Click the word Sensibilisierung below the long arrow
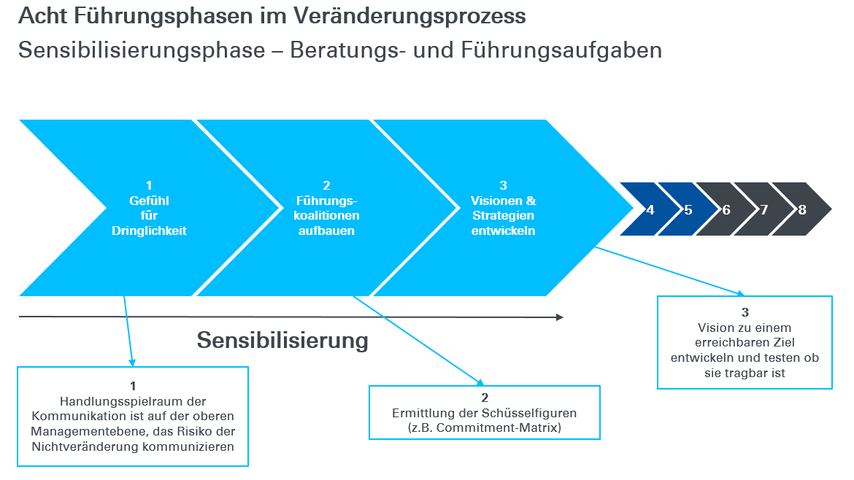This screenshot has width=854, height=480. click(x=282, y=340)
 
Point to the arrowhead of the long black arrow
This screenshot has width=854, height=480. click(x=559, y=317)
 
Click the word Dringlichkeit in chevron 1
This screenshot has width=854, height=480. click(x=149, y=231)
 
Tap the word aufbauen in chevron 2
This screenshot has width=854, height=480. click(x=326, y=231)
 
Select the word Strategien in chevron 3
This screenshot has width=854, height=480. click(x=503, y=215)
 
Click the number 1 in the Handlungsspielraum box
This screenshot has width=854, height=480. click(x=133, y=386)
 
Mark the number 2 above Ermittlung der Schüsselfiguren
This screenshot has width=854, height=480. click(x=485, y=398)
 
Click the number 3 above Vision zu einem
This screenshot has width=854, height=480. click(x=745, y=312)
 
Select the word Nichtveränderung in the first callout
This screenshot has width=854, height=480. click(x=81, y=446)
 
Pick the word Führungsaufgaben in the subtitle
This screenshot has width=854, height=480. click(x=561, y=50)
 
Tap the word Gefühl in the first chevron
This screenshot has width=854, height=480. click(x=149, y=201)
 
